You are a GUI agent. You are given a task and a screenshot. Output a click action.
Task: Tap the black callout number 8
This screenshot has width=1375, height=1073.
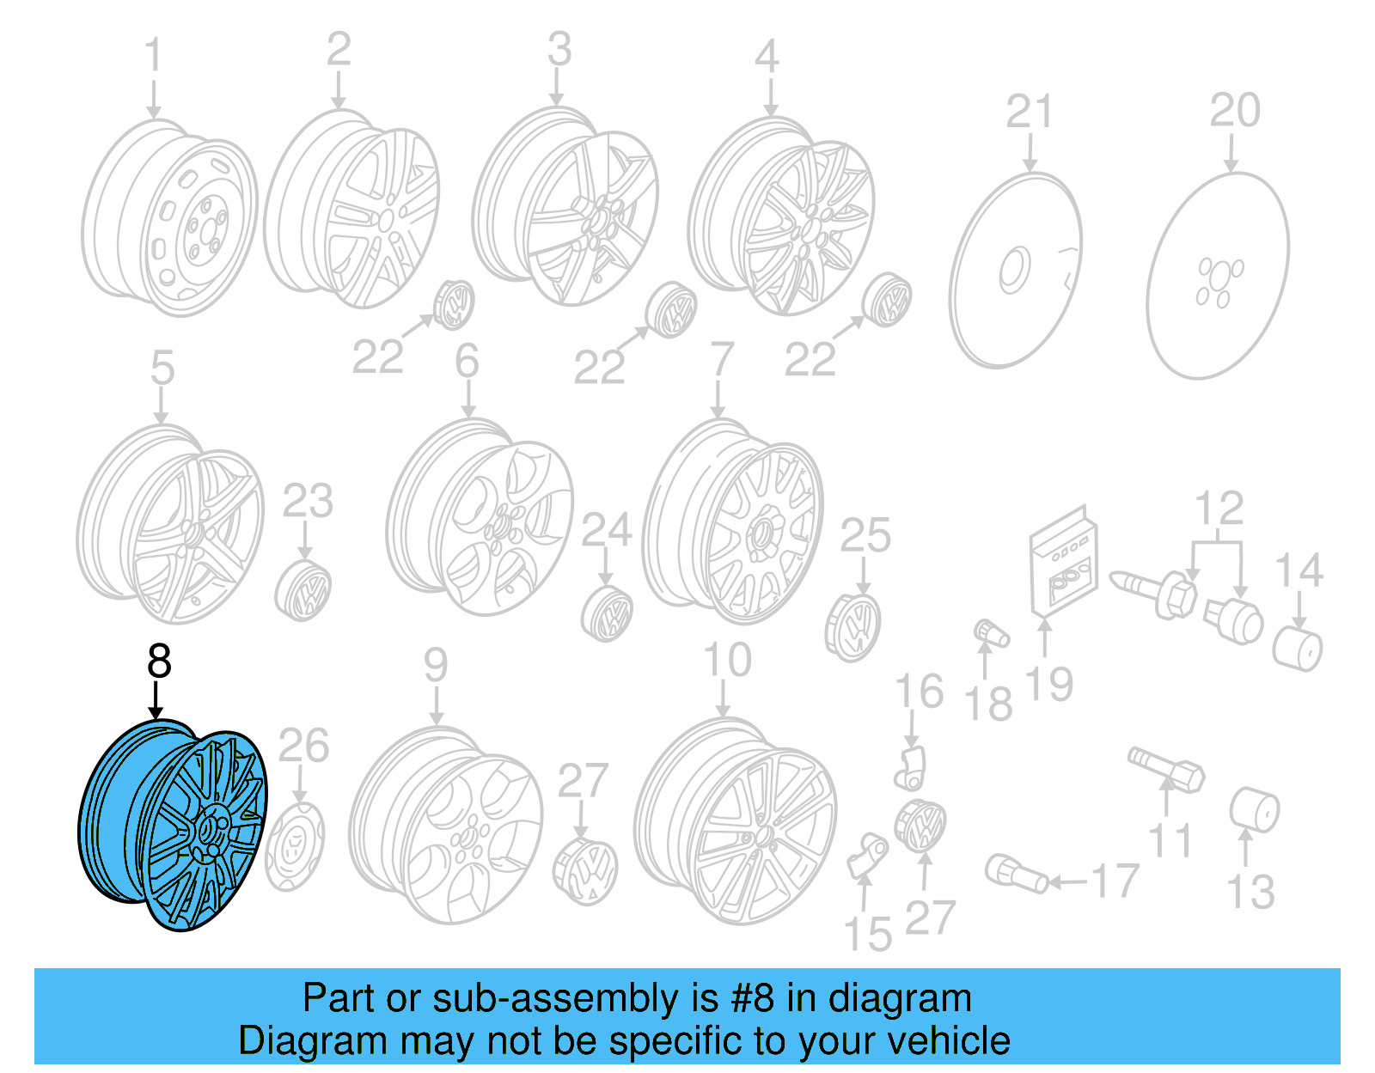[x=159, y=662]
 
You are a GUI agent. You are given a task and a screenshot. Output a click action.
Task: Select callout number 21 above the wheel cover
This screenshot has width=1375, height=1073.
[x=1029, y=113]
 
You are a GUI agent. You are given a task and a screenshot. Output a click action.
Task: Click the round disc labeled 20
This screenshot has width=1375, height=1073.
[x=1217, y=275]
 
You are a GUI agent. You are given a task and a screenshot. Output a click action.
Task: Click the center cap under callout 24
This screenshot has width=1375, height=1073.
[x=607, y=613]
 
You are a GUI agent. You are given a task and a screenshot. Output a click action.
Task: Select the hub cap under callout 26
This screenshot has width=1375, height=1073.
[x=294, y=846]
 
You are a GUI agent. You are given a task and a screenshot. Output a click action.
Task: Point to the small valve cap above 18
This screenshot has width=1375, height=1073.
[x=991, y=635]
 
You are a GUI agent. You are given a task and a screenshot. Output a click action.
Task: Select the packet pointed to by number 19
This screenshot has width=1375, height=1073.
[x=1063, y=563]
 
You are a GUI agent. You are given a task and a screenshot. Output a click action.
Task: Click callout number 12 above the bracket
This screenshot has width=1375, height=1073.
[x=1218, y=509]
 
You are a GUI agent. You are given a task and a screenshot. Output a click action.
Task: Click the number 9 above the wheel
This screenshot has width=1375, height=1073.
[x=436, y=666]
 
